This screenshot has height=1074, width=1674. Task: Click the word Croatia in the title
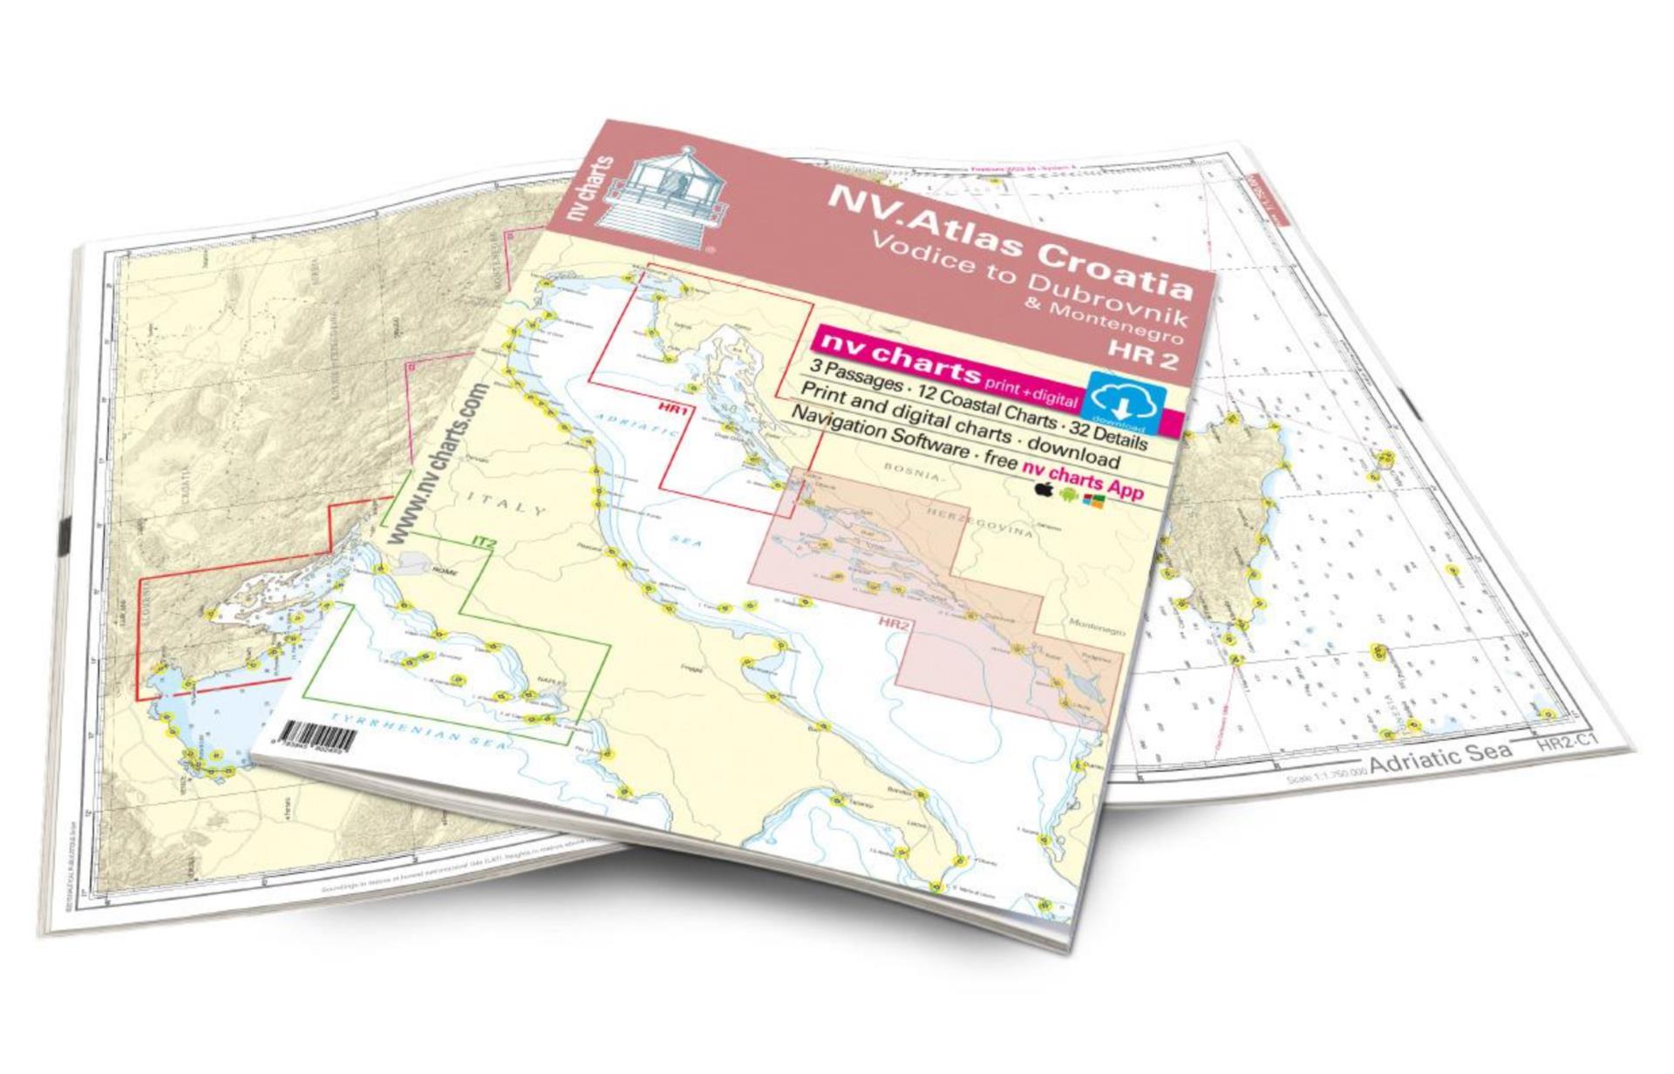1115,262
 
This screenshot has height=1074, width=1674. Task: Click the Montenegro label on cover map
1097,628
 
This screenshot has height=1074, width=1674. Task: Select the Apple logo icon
1043,489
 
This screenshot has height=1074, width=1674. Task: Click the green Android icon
1068,494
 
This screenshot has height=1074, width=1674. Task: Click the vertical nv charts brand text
590,191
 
